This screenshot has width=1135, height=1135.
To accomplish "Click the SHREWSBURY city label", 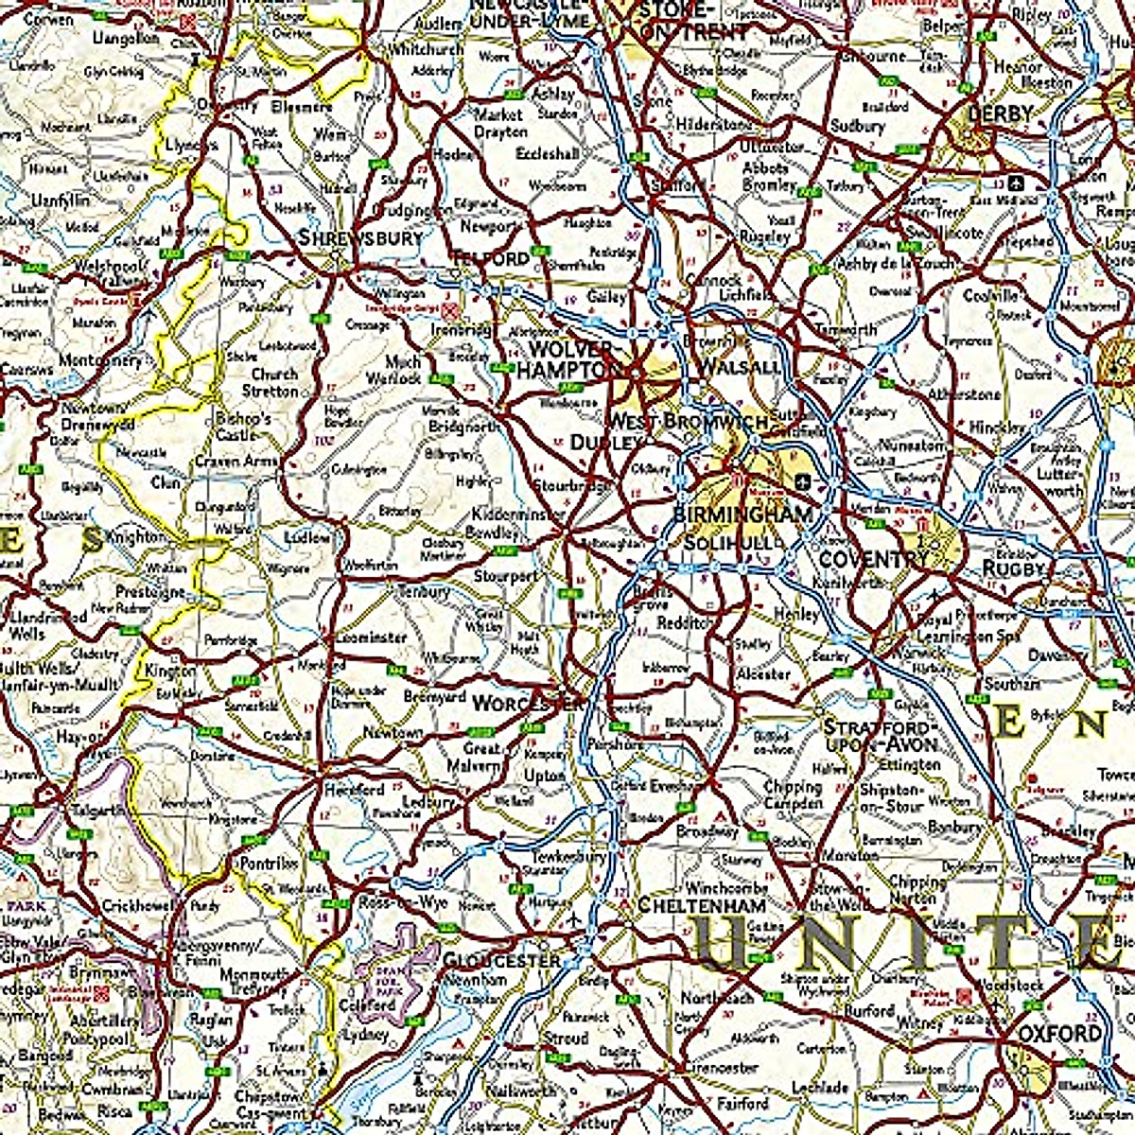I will point(360,238).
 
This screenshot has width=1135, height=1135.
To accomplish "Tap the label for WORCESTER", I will point(529,704).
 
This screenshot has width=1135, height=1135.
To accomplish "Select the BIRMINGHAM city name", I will point(742,515).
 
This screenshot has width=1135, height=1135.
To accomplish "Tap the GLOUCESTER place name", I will point(502,960).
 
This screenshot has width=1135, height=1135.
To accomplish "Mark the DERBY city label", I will point(1000,113).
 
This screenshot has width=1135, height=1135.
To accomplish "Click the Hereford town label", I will point(354,788).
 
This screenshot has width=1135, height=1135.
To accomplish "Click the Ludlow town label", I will point(307,538).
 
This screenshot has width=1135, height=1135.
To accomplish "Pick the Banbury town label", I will point(954,827).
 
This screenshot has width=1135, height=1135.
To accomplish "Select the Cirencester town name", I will point(719,1067).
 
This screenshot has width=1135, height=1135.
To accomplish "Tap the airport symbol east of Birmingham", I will point(803,480).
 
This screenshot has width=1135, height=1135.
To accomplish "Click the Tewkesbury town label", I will point(568,857).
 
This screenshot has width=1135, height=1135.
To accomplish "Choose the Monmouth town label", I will point(254,974).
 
